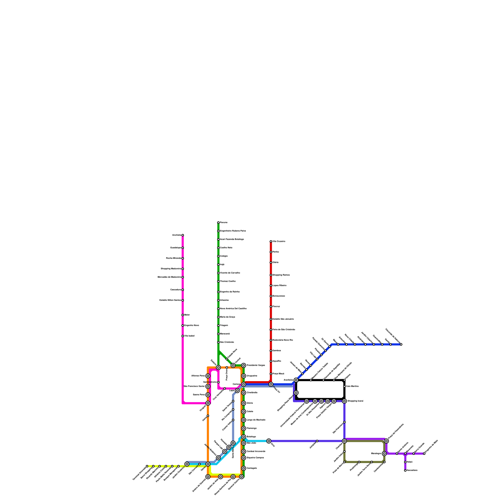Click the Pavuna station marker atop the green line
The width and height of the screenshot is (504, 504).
click(218, 222)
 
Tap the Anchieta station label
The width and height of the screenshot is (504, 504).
click(176, 235)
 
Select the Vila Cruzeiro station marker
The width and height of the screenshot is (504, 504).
click(271, 241)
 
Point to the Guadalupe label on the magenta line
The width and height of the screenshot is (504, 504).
click(175, 248)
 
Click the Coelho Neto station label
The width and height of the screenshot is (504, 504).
click(226, 248)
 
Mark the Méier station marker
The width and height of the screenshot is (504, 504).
click(183, 315)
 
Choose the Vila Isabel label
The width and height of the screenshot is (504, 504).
click(189, 336)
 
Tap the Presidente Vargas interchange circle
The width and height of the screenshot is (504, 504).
click(243, 365)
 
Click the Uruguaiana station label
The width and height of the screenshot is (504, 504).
click(252, 376)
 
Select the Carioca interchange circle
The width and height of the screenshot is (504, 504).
click(243, 384)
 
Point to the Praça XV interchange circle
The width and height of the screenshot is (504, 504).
click(271, 384)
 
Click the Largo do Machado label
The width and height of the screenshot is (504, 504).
click(256, 420)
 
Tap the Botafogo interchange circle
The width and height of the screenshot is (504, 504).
click(243, 437)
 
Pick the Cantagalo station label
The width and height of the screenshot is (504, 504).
click(252, 468)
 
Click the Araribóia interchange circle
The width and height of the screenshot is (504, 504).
click(296, 380)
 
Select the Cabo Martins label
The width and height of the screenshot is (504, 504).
click(352, 386)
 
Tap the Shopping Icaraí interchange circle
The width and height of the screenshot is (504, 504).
click(344, 401)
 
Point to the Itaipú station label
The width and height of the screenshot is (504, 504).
click(409, 462)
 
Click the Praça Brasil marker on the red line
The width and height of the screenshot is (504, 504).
click(271, 374)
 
